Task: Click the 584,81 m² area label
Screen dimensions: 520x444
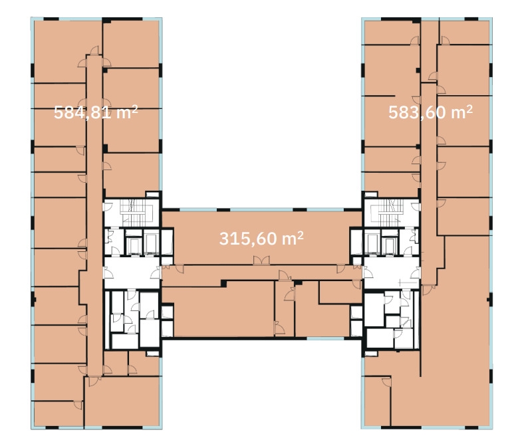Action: (x=96, y=112)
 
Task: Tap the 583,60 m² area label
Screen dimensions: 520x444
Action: (x=430, y=112)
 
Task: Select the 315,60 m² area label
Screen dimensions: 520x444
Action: (x=261, y=239)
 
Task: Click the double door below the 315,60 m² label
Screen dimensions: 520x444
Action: (x=261, y=261)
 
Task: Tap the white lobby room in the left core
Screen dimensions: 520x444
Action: (x=132, y=273)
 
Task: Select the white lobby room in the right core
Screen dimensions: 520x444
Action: (x=392, y=273)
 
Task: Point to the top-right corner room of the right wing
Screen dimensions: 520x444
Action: (x=464, y=33)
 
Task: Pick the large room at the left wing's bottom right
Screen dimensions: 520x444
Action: (x=122, y=401)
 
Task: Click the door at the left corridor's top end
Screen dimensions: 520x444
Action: (x=94, y=51)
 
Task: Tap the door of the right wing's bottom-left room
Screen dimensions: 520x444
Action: (x=386, y=382)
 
